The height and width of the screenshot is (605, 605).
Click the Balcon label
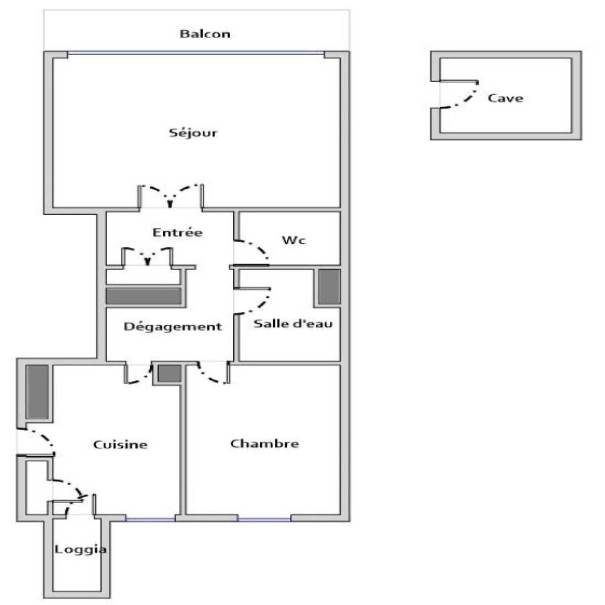(x=205, y=34)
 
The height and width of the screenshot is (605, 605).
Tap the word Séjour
(x=193, y=133)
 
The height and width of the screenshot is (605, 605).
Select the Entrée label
(x=177, y=232)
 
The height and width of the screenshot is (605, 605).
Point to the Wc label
(x=294, y=240)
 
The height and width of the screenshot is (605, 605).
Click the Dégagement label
(x=173, y=327)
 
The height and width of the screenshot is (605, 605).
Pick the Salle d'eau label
(x=293, y=324)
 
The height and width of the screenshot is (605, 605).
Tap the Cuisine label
(x=120, y=444)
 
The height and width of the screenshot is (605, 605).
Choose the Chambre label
(x=264, y=443)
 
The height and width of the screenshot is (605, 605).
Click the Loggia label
(x=80, y=549)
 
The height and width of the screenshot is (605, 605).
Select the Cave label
(x=505, y=98)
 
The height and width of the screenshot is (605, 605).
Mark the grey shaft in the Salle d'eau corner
(x=329, y=286)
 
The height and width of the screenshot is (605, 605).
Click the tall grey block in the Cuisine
(x=37, y=392)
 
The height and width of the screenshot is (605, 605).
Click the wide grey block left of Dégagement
(x=143, y=296)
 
